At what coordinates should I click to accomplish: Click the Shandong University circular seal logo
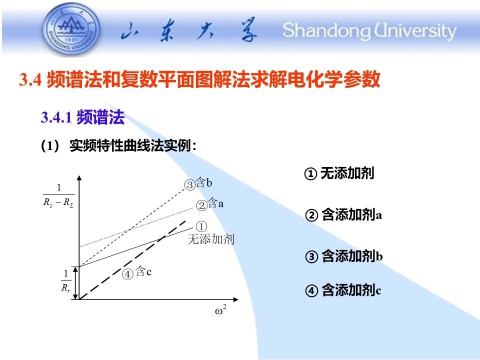pyautogui.click(x=71, y=29)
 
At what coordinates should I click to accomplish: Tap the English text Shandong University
pyautogui.click(x=369, y=31)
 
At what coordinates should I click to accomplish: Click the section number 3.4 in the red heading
pyautogui.click(x=30, y=79)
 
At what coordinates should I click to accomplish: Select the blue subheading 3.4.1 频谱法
pyautogui.click(x=82, y=117)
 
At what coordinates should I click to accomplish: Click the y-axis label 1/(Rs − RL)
pyautogui.click(x=59, y=195)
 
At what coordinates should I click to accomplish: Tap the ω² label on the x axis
pyautogui.click(x=220, y=310)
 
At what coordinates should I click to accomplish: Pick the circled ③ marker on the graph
pyautogui.click(x=190, y=185)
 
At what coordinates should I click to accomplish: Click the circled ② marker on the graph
pyautogui.click(x=201, y=205)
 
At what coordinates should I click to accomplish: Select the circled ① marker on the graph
pyautogui.click(x=201, y=227)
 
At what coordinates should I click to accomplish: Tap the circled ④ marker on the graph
pyautogui.click(x=127, y=274)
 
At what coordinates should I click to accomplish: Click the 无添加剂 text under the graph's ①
pyautogui.click(x=211, y=239)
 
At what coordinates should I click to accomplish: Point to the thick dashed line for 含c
pyautogui.click(x=132, y=259)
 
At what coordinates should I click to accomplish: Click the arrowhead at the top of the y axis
pyautogui.click(x=79, y=178)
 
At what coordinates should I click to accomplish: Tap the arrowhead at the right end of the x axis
pyautogui.click(x=235, y=299)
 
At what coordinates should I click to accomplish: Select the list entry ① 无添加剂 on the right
pyautogui.click(x=339, y=173)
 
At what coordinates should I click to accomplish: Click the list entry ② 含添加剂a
pyautogui.click(x=343, y=214)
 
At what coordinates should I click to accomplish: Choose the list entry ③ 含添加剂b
pyautogui.click(x=344, y=256)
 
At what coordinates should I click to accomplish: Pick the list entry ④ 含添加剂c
pyautogui.click(x=343, y=290)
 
